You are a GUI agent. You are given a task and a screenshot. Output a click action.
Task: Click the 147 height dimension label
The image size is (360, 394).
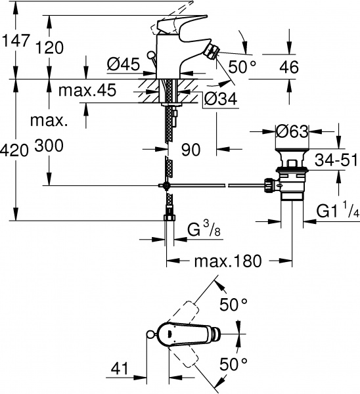tap(16, 40)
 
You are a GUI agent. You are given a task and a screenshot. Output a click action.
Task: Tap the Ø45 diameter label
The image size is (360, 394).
tap(124, 64)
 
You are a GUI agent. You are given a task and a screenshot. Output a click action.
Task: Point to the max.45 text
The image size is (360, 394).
tap(87, 90)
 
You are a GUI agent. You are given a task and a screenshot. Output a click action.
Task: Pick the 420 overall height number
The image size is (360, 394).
tap(14, 151)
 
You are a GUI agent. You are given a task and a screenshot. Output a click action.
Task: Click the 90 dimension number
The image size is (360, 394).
tap(191, 150)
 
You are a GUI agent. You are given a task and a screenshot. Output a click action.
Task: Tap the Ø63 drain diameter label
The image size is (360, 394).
tap(292, 131)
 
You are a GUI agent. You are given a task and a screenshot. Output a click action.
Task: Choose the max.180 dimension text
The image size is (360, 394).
tap(228, 261)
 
